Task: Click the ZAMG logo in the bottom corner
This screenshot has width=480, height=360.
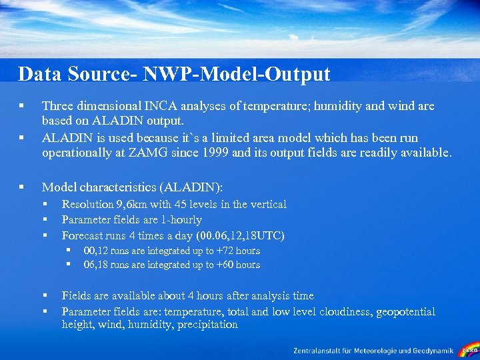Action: (469, 349)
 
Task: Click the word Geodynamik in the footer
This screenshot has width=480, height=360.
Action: (431, 350)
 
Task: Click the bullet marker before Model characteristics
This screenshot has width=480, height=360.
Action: (22, 189)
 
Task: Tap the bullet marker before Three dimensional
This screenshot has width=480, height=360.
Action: (22, 106)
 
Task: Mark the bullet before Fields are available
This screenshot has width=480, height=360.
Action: (45, 296)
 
